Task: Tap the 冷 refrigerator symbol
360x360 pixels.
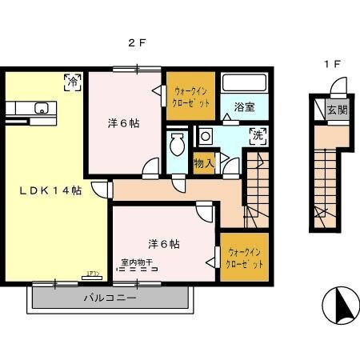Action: pos(72,81)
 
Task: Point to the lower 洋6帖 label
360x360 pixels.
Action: pos(162,243)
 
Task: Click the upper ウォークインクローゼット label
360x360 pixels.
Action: pos(191,97)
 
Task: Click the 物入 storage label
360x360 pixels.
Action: pos(204,163)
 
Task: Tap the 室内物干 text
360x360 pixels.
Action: pos(138,262)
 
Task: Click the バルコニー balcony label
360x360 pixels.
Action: pos(110,298)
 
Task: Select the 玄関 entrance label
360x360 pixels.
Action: pos(337,110)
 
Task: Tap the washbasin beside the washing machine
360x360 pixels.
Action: pos(206,135)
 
